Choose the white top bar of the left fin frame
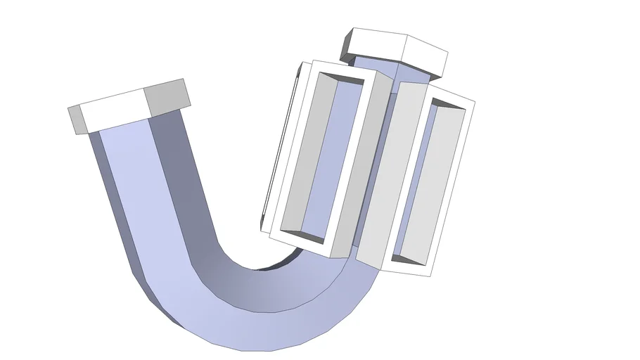pos(338,70)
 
